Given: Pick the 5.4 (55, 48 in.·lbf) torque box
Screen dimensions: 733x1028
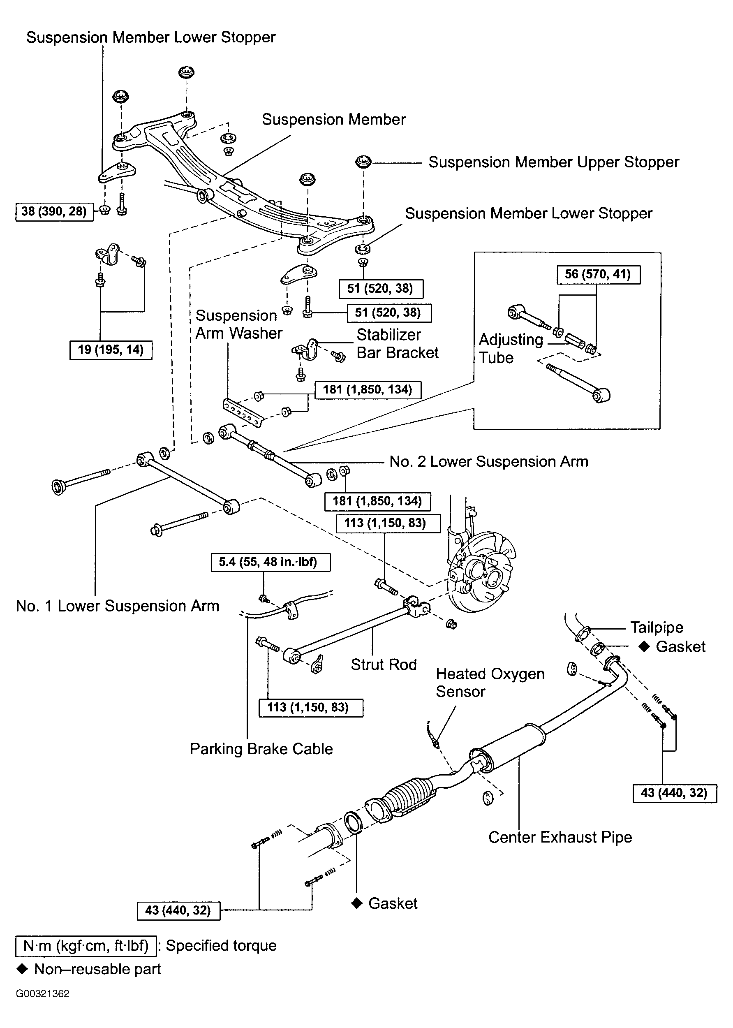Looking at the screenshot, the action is (271, 562).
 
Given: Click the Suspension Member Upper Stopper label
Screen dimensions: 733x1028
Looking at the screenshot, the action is (553, 162).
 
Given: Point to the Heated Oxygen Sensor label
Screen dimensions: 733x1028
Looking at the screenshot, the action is (490, 682).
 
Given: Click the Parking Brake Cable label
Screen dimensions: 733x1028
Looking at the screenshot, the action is (261, 749).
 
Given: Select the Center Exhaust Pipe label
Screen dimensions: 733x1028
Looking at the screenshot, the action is (560, 838).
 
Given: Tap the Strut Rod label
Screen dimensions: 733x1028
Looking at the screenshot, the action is (384, 664).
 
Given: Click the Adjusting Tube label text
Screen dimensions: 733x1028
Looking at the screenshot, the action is (511, 349).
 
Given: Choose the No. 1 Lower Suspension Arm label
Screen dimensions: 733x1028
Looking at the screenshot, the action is (117, 606).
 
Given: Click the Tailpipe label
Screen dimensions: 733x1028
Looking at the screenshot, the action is (657, 627).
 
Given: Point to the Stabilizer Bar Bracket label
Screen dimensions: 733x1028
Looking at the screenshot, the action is (397, 344).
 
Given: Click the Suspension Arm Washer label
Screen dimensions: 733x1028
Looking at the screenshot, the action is (238, 324).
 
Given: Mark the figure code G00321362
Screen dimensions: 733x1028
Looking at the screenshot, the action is (42, 994).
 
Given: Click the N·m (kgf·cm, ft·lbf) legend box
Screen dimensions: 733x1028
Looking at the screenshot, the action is (86, 946).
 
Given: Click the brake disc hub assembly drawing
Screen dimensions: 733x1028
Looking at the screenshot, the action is (481, 571).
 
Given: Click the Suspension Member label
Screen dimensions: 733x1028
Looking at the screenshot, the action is (333, 120).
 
